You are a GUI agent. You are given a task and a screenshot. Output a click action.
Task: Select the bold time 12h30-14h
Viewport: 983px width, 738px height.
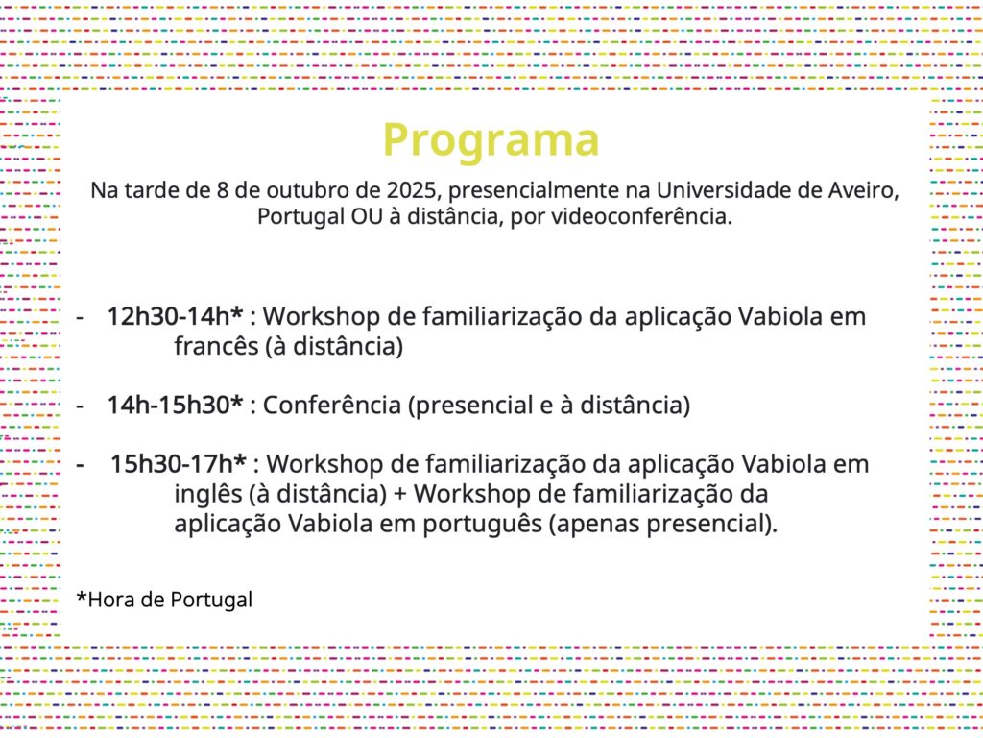point(175,316)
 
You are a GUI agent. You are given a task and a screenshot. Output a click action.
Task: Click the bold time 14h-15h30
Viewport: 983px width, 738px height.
point(175,406)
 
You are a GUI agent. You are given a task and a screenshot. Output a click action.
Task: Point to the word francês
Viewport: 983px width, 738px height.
point(216,346)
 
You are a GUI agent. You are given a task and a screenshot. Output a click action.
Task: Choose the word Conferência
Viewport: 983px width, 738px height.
point(331,406)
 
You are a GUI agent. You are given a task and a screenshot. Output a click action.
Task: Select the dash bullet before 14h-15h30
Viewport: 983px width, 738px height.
point(80,406)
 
